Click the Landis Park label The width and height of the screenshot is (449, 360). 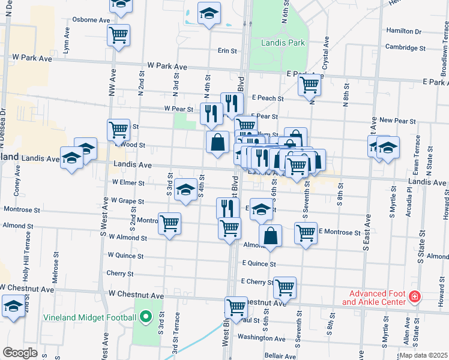(283, 43)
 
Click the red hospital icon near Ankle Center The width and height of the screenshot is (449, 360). (414, 296)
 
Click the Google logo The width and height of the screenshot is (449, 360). (20, 353)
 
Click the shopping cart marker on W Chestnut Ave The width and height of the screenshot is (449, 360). (237, 307)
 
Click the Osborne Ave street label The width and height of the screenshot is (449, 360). (91, 20)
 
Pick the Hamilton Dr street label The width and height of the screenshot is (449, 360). (404, 31)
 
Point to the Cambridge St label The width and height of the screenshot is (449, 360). (405, 48)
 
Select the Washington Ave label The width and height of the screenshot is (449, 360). (261, 338)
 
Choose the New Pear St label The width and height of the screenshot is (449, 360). (397, 121)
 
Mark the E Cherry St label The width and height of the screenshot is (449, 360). (256, 281)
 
